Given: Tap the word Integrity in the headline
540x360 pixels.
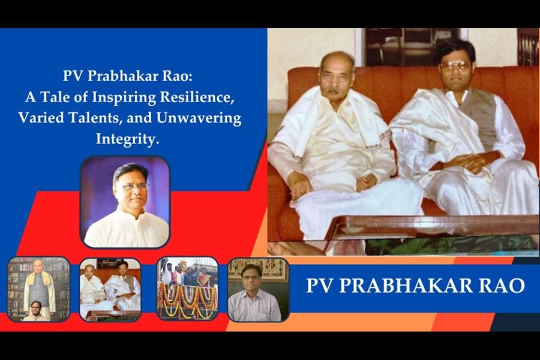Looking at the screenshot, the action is point(127,139).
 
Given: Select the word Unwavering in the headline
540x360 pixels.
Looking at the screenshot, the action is point(199,118).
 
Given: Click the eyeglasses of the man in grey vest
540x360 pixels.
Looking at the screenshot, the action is point(455,67).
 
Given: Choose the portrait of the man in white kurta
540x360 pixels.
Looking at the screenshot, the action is point(125,202).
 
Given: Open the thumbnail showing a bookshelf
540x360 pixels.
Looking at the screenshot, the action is point(38,289).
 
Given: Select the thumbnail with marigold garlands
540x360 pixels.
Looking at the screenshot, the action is point(187,289).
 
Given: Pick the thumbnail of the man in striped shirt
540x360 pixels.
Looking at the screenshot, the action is point(258,290).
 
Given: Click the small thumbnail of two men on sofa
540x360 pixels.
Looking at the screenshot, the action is point(110,290).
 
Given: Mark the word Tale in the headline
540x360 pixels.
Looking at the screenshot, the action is point(57,97).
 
